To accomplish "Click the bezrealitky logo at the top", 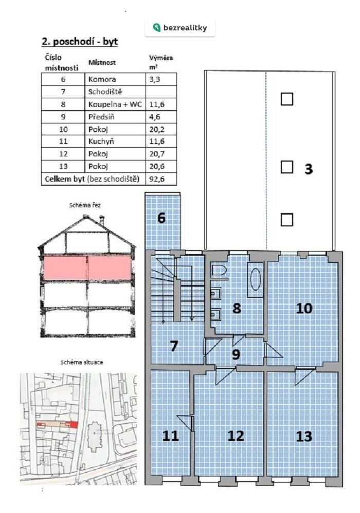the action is pyautogui.click(x=180, y=27).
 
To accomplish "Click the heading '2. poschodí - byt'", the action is pyautogui.click(x=80, y=42).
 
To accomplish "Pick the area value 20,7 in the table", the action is pyautogui.click(x=157, y=154).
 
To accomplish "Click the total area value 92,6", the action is pyautogui.click(x=157, y=179).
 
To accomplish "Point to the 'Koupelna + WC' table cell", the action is pyautogui.click(x=115, y=104).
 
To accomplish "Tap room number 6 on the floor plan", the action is pyautogui.click(x=161, y=218).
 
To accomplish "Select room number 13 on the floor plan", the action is pyautogui.click(x=304, y=436).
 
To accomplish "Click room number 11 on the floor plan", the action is pyautogui.click(x=170, y=436).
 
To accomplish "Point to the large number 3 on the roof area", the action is pyautogui.click(x=309, y=169).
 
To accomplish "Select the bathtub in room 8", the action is pyautogui.click(x=256, y=280).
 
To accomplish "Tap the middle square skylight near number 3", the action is pyautogui.click(x=287, y=167).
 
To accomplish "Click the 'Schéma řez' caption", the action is pyautogui.click(x=85, y=205).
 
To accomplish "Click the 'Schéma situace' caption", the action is pyautogui.click(x=82, y=363).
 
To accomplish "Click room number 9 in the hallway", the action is pyautogui.click(x=236, y=355).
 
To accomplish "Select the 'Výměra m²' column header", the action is pyautogui.click(x=161, y=62).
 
